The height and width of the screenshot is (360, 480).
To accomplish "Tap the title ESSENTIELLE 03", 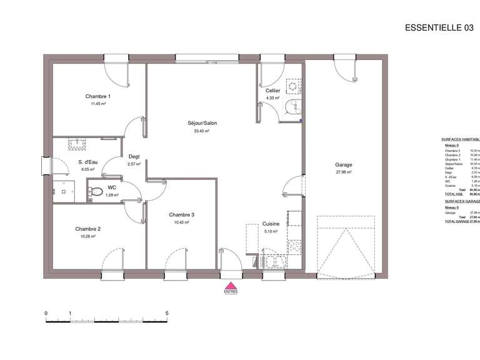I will point(439,27).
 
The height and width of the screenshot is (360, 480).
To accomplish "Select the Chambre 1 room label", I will point(98,96).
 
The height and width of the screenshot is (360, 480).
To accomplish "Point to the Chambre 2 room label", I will point(87,229).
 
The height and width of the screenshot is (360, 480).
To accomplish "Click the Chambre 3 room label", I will point(182,215).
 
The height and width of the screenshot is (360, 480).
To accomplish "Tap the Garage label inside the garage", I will point(343,165).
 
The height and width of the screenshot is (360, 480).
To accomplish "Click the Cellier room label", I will point(272,91).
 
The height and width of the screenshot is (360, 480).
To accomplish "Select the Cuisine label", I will point(271,223).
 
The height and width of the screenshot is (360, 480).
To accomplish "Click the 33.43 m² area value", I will point(201,131).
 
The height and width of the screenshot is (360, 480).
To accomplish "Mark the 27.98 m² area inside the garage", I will point(344,172).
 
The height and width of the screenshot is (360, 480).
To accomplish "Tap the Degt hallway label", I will point(134,157).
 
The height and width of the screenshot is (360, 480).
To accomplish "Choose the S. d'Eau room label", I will point(86,162).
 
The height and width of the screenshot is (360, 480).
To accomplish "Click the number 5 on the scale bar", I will point(167,313).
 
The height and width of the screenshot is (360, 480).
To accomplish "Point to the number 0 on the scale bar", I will point(46,313).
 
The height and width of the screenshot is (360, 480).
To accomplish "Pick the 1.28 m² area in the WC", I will point(112,195).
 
